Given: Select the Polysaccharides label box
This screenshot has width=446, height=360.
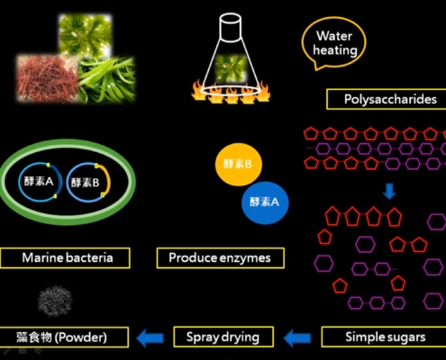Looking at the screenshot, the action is (x=387, y=99).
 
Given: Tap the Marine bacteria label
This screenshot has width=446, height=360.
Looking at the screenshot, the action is (x=65, y=258).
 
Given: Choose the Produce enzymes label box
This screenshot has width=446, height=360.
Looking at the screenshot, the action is (x=220, y=258).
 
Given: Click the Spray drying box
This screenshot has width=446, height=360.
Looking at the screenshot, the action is (x=223, y=337).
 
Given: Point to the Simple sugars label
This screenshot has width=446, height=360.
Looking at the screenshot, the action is (x=384, y=337).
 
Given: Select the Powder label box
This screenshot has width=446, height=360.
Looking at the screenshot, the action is (x=64, y=337).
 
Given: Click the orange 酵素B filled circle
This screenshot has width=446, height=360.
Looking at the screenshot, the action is (x=238, y=165).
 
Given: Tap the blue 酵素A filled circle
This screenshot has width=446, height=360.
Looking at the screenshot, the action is (x=265, y=202).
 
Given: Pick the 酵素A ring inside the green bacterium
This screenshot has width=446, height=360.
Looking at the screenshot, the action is (x=20, y=182).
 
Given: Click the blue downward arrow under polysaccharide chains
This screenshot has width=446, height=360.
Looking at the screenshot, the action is (x=389, y=192).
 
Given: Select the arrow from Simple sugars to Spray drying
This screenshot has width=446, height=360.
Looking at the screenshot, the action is (x=297, y=337).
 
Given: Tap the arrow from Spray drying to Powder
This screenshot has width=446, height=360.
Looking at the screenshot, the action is (x=150, y=337).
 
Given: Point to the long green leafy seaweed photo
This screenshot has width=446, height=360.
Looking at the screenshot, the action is (x=106, y=79).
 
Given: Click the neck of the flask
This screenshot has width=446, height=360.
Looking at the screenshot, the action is (x=231, y=27).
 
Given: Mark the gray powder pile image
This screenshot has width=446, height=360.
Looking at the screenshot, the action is (x=55, y=301).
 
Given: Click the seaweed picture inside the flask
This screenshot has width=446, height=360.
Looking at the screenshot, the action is (x=232, y=69).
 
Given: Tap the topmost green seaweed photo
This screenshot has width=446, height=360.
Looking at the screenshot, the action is (x=86, y=35).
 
